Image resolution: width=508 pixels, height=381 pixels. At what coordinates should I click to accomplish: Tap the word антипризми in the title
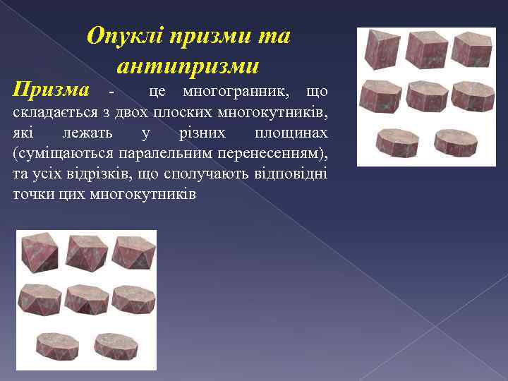pos(188,66)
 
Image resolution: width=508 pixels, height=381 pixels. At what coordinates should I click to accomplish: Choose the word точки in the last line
pos(32,193)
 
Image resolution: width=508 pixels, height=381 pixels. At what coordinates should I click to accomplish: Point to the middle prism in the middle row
pos(427,97)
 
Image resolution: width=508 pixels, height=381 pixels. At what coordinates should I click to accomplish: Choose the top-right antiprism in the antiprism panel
pos(133,253)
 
